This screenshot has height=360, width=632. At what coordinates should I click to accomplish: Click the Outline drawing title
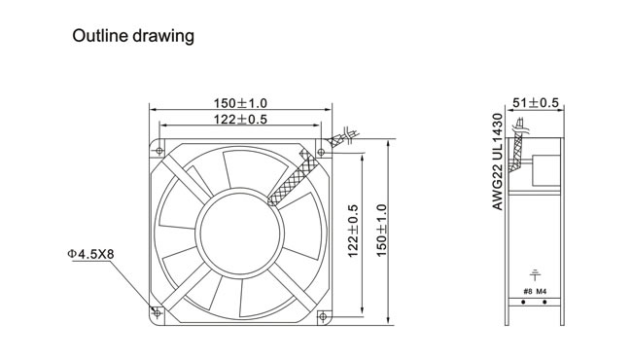coord(133,36)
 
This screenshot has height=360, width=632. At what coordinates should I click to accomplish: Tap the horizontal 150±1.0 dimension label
coord(240,103)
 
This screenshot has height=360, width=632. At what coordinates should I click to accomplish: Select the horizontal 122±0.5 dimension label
coord(240,120)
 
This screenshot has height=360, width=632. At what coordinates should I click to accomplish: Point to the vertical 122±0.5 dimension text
coord(353,231)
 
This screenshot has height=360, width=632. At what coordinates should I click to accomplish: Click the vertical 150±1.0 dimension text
coord(381,231)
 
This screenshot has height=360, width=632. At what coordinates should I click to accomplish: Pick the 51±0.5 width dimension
coord(536,103)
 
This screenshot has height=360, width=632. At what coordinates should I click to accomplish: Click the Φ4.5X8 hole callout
coord(90,254)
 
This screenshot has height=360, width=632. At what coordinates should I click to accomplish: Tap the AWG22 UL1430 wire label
coord(498,162)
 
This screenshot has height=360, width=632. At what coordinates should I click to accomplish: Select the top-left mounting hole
coord(159,151)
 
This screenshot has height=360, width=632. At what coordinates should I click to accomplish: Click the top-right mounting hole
coord(321,152)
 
